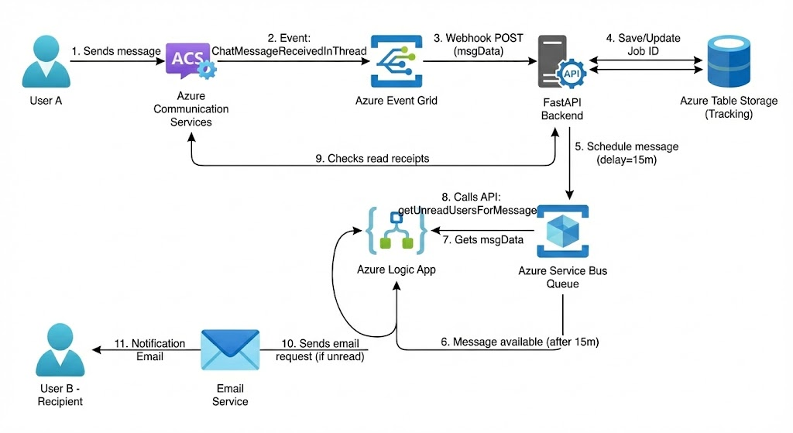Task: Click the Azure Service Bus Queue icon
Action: tap(563, 230)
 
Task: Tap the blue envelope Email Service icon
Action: tap(230, 351)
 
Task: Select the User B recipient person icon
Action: tap(62, 352)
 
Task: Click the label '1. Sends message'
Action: tap(115, 51)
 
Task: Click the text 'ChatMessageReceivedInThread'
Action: tap(289, 50)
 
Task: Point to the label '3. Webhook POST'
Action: tap(478, 38)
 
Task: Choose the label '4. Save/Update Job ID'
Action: tap(640, 43)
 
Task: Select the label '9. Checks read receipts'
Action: tap(372, 158)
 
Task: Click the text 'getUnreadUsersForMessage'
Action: tap(467, 210)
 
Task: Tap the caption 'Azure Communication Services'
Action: tap(191, 109)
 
